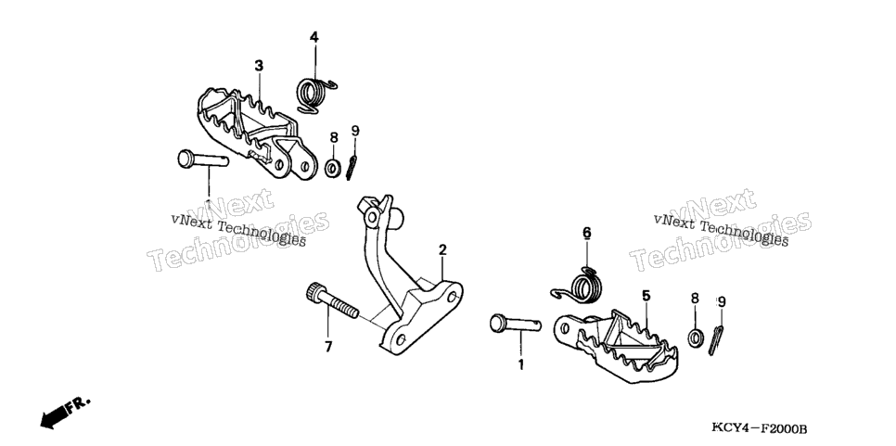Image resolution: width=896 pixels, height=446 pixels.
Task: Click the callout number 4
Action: pyautogui.click(x=314, y=38)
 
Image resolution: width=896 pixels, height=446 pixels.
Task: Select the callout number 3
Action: pyautogui.click(x=259, y=66)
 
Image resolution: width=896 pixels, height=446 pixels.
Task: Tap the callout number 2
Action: pyautogui.click(x=442, y=250)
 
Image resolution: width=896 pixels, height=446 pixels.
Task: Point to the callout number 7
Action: pyautogui.click(x=328, y=347)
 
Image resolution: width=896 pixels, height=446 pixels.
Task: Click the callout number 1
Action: pyautogui.click(x=520, y=364)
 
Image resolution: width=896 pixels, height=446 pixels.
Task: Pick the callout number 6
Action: pyautogui.click(x=587, y=233)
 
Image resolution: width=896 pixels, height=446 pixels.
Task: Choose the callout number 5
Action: pyautogui.click(x=646, y=295)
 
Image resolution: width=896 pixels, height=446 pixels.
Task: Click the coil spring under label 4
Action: pyautogui.click(x=314, y=95)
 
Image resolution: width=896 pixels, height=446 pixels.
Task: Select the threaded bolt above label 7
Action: pyautogui.click(x=332, y=300)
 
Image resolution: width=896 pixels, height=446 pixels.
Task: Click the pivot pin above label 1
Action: pyautogui.click(x=515, y=325)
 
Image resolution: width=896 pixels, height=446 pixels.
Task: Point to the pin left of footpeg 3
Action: pyautogui.click(x=203, y=159)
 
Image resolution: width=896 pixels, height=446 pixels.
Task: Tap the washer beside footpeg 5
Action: pyautogui.click(x=696, y=337)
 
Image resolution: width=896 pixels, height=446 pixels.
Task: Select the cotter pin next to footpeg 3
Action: pyautogui.click(x=352, y=168)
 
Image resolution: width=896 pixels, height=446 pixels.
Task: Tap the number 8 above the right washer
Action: pyautogui.click(x=695, y=298)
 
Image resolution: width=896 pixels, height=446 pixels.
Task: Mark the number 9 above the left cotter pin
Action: pyautogui.click(x=355, y=132)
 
